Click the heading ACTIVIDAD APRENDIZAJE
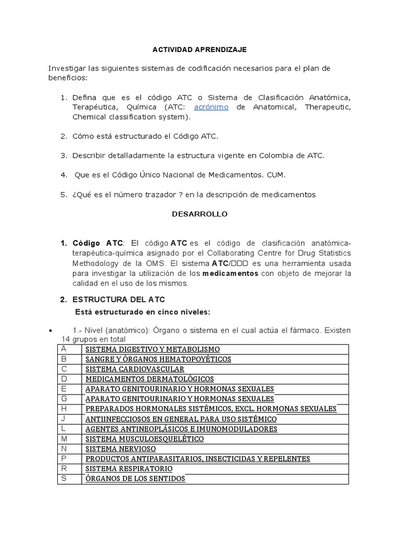click(199, 49)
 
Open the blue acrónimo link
click(211, 107)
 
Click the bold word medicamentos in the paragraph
click(230, 274)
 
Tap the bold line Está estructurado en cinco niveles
click(142, 312)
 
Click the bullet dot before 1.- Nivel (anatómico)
click(50, 331)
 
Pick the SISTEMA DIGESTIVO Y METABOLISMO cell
click(153, 349)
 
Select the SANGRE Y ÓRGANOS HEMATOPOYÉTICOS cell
click(158, 359)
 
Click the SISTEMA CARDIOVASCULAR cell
click(135, 369)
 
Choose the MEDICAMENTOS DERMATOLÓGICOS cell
click(149, 379)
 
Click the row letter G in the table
click(64, 399)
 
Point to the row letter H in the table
click(64, 409)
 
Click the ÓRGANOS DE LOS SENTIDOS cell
click(135, 478)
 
